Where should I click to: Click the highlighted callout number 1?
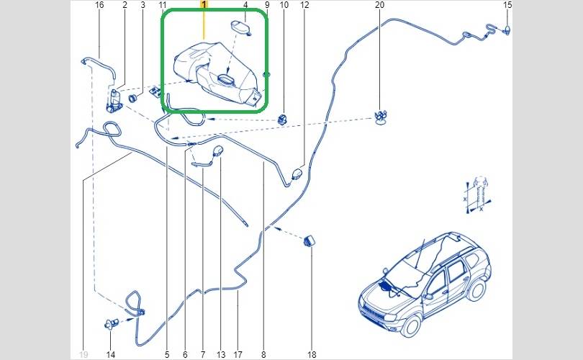tap(204, 5)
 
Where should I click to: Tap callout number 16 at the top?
tap(99, 5)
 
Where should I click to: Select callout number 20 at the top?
tap(379, 5)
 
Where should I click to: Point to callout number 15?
tap(507, 5)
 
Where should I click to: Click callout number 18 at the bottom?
tap(312, 355)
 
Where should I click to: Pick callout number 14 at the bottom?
tap(110, 355)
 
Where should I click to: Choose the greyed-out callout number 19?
tap(83, 355)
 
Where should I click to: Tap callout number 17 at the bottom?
tap(238, 355)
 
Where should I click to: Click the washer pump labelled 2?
tap(114, 100)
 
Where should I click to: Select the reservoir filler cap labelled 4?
tap(240, 27)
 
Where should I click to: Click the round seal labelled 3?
tap(133, 99)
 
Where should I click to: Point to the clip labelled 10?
tap(283, 120)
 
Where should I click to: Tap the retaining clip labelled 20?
tap(379, 117)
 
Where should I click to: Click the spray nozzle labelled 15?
tap(507, 30)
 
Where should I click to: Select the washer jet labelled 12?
tap(298, 174)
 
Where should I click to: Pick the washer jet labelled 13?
tap(218, 150)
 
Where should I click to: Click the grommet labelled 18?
tap(309, 240)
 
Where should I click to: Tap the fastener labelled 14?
tap(111, 323)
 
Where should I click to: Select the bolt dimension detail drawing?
tap(477, 195)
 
